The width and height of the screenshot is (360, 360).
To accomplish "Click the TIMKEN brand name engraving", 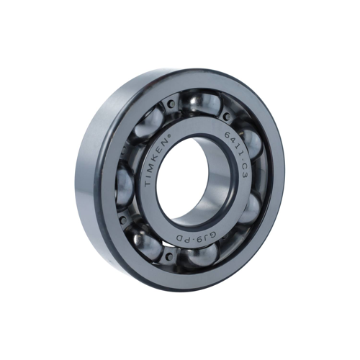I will click(159, 161).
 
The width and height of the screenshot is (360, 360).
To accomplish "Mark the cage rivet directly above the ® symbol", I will click(171, 104).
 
